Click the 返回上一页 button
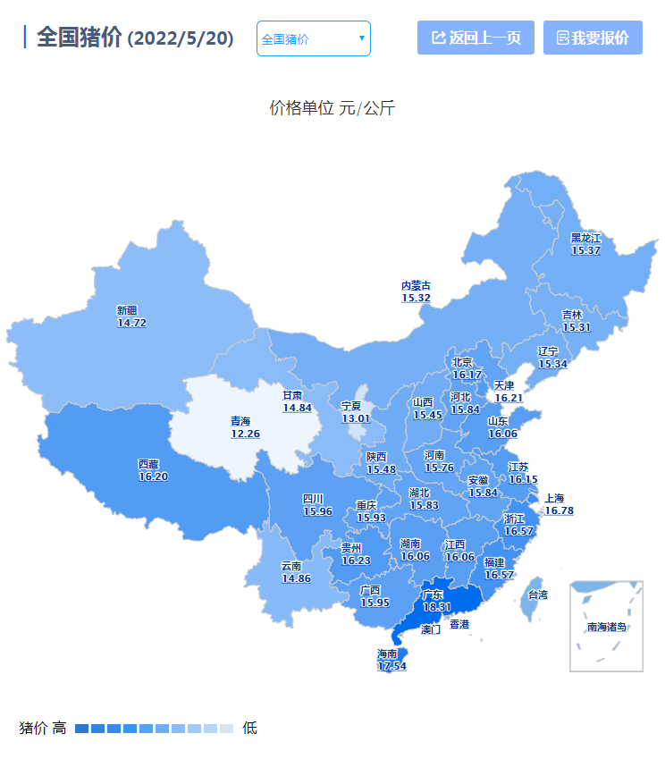(476, 38)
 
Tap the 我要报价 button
(593, 38)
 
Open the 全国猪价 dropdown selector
(313, 38)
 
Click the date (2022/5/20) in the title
(181, 39)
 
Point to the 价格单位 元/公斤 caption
(332, 109)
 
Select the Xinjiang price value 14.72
(131, 323)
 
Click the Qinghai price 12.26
(245, 434)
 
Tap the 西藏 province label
(148, 464)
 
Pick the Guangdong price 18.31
(437, 607)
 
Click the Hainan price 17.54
(391, 666)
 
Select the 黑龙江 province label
(586, 238)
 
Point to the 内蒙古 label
(416, 285)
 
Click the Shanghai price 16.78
(560, 510)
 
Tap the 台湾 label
(538, 595)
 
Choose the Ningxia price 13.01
(355, 418)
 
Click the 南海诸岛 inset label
(607, 627)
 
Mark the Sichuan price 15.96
(317, 511)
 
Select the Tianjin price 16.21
(508, 398)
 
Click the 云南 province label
(291, 566)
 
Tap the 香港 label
(459, 623)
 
